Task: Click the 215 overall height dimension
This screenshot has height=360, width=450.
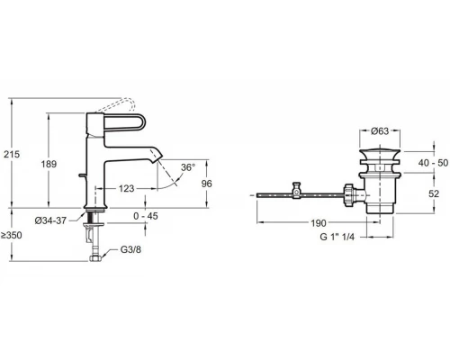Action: tap(12, 154)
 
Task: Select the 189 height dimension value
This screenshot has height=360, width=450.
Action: tap(49, 164)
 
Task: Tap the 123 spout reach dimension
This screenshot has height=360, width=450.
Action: tap(126, 189)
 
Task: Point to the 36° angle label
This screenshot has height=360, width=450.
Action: tap(188, 167)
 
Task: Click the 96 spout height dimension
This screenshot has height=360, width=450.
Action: tap(206, 184)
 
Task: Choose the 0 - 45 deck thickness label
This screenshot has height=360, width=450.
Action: tap(146, 216)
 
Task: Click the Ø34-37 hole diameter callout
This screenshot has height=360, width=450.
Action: tap(50, 220)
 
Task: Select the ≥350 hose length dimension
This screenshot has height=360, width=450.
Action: tap(12, 235)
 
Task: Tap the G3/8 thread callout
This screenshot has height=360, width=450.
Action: tap(130, 249)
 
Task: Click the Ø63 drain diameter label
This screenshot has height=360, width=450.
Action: tap(380, 131)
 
